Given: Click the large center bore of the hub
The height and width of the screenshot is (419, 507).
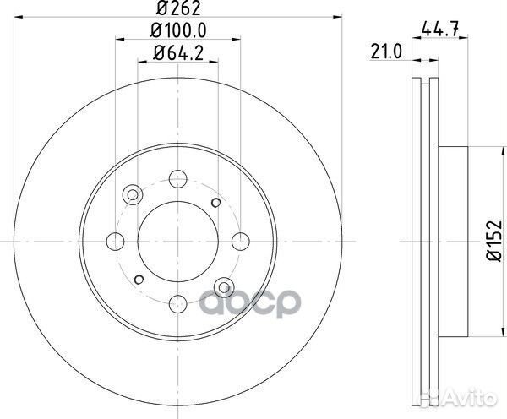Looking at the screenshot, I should pyautogui.click(x=177, y=240).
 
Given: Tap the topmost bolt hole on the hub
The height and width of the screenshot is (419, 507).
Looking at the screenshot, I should pyautogui.click(x=177, y=177).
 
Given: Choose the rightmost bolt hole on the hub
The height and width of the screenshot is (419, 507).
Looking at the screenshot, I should pyautogui.click(x=239, y=240).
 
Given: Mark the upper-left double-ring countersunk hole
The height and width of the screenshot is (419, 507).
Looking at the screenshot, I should pyautogui.click(x=132, y=195).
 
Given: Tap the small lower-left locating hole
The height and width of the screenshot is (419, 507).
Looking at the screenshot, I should pyautogui.click(x=137, y=277).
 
